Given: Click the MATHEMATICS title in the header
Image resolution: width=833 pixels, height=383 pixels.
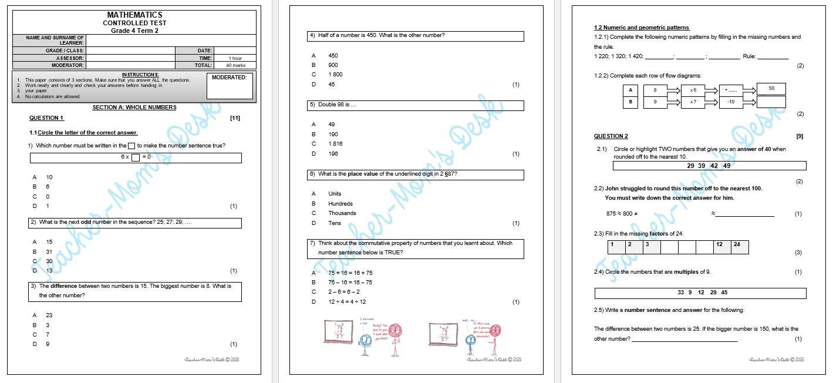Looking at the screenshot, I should point(134,15).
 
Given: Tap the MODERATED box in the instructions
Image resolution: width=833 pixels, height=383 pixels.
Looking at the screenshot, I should point(231,86).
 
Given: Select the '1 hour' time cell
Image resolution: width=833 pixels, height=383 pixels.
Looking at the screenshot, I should point(235,58).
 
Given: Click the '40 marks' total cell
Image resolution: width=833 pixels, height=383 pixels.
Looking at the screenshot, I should point(235,65).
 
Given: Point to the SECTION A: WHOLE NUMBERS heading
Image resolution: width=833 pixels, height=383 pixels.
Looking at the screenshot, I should point(134,107).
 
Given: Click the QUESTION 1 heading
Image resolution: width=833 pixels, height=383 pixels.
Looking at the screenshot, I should point(46,118).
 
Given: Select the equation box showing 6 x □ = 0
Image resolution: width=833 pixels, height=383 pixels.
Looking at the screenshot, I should point(136,157).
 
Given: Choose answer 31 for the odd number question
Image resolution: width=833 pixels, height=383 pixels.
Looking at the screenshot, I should point(49,252).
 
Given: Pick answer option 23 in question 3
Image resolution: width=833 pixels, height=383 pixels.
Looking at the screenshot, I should point(49,315).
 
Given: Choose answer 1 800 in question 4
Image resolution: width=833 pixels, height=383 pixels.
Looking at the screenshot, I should point(335,75).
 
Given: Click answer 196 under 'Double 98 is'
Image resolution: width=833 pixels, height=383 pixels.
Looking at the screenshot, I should point(333,154).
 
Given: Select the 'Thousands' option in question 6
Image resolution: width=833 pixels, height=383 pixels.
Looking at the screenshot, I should point(342,213).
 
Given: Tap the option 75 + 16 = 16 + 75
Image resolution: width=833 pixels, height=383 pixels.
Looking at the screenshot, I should point(350,273).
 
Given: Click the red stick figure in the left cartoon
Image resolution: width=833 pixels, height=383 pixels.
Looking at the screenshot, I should point(396,337).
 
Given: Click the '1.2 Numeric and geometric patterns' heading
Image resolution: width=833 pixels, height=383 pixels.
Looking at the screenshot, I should point(642,28).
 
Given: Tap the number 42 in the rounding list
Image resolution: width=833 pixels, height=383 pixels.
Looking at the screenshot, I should point(714,166).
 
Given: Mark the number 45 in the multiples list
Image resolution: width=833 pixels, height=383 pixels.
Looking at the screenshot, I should point(724,293).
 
